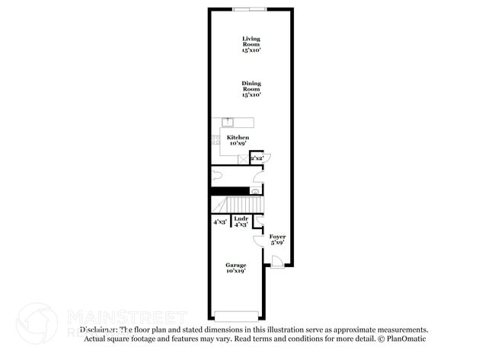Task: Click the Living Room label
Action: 251,44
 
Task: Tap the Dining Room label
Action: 251,89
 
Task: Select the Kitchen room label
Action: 238,140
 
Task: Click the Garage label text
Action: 235,267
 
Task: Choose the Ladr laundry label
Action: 241,221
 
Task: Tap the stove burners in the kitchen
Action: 215,139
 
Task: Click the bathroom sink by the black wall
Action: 255,191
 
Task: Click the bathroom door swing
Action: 258,179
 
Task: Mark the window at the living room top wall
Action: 251,9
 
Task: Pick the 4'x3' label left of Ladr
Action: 220,221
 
